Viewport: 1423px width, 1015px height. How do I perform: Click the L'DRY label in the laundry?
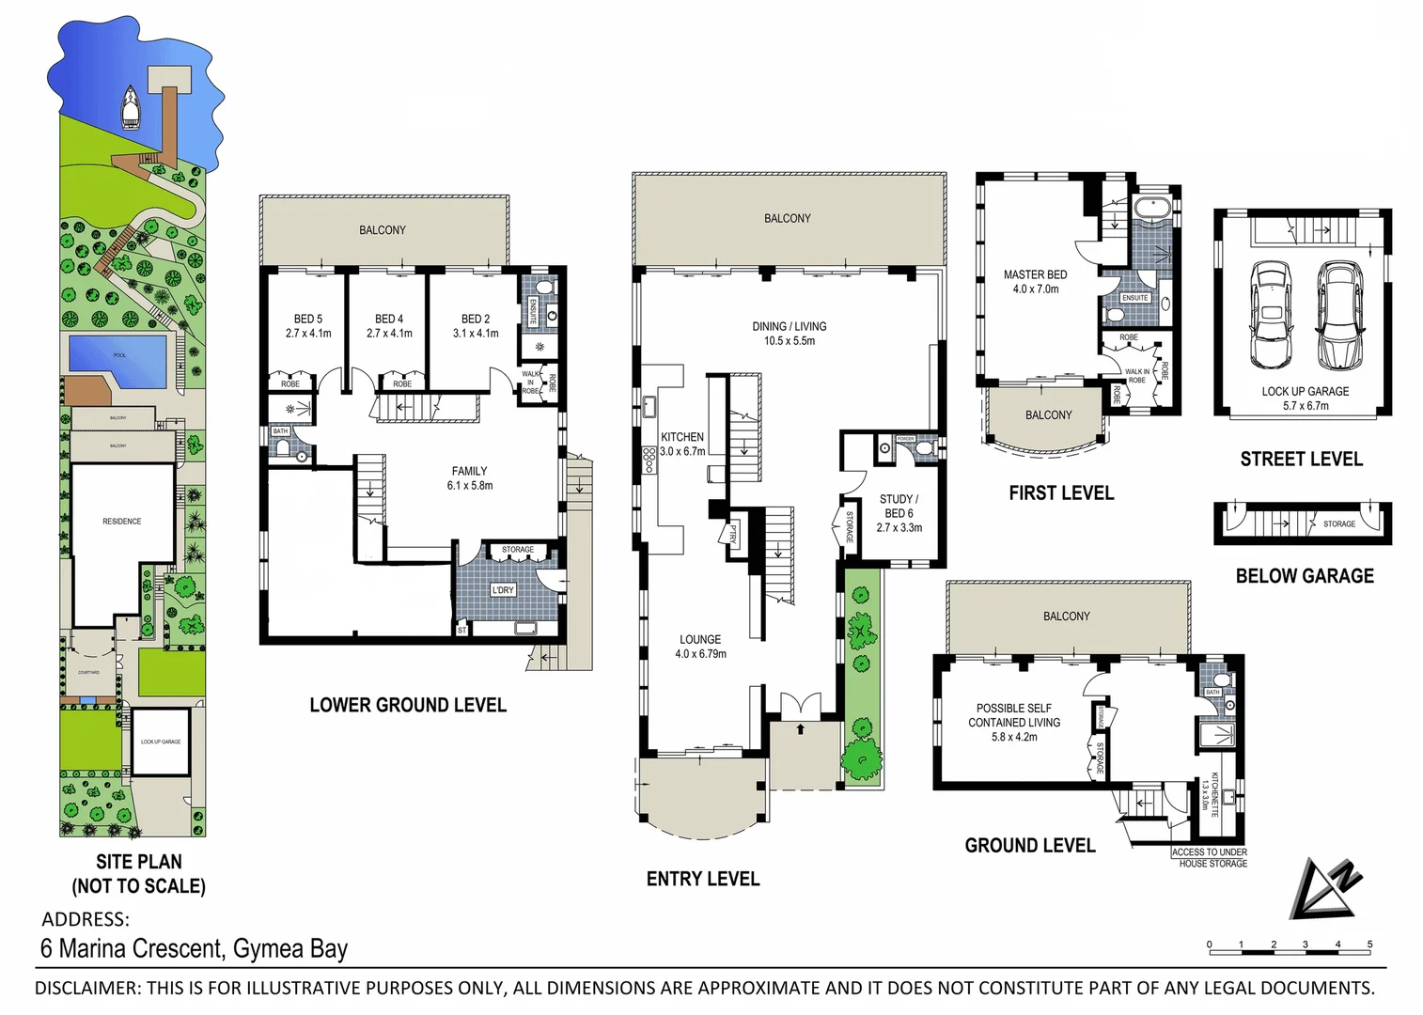tap(504, 590)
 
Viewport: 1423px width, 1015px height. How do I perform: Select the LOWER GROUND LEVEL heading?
tap(408, 705)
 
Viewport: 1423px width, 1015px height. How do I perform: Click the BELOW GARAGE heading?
tap(1304, 576)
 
